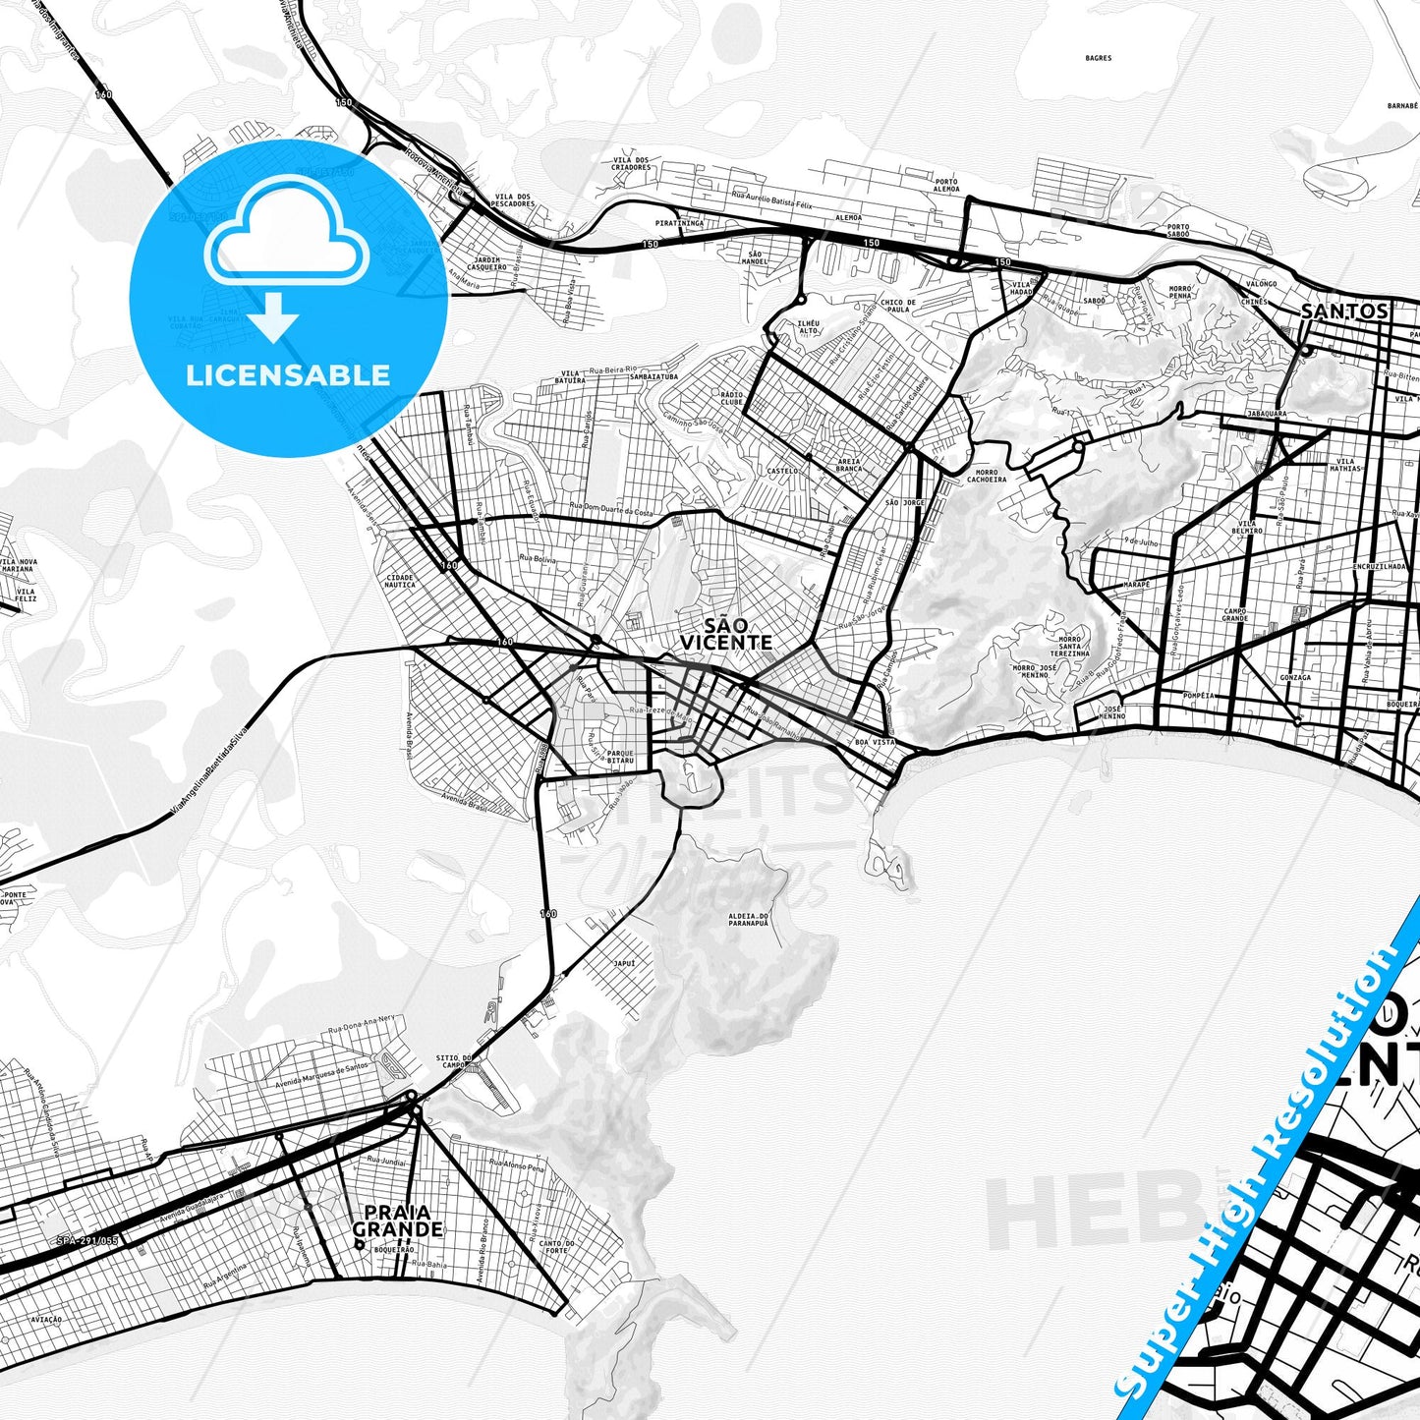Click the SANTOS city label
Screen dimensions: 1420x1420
pyautogui.click(x=1344, y=311)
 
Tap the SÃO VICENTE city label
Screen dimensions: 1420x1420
pyautogui.click(x=725, y=634)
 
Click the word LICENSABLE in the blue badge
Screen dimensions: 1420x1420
pyautogui.click(x=288, y=374)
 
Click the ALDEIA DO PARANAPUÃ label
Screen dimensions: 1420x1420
pyautogui.click(x=748, y=920)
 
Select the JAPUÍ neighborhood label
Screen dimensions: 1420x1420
pyautogui.click(x=624, y=963)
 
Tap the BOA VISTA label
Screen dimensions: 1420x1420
pyautogui.click(x=876, y=742)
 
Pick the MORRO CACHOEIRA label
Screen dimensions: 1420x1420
pyautogui.click(x=986, y=476)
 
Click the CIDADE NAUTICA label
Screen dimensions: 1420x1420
pyautogui.click(x=400, y=581)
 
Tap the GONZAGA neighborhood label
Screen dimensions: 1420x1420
pyautogui.click(x=1294, y=677)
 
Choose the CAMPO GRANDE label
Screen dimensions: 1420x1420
pyautogui.click(x=1235, y=615)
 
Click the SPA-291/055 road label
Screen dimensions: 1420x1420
pyautogui.click(x=87, y=1241)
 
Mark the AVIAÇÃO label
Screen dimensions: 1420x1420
pyautogui.click(x=46, y=1319)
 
